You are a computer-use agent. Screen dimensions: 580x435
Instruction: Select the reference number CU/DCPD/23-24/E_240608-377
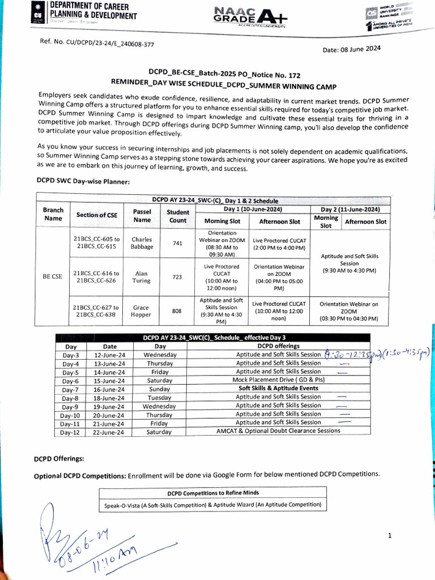[x=97, y=43]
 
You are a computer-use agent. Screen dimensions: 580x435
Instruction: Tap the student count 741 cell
[x=177, y=243]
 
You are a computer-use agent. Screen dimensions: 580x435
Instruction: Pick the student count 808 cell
[x=177, y=310]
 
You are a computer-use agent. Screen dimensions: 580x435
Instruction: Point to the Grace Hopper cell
[x=142, y=310]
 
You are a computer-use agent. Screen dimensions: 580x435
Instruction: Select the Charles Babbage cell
[x=142, y=243]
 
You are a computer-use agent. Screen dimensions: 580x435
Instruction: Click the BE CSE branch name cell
[x=53, y=276]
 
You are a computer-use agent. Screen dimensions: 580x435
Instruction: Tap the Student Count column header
[x=177, y=216]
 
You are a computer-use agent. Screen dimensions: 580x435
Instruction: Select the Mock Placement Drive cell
[x=278, y=380]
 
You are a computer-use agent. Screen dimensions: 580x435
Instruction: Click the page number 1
[x=390, y=535]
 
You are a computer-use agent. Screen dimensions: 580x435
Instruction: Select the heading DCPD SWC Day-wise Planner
[x=83, y=181]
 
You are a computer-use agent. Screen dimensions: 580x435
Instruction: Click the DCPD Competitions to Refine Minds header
[x=213, y=492]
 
